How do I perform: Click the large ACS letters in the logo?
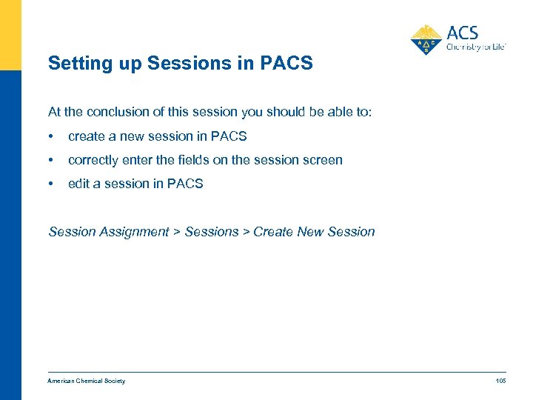click(x=463, y=33)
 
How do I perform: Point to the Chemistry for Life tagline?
click(x=475, y=47)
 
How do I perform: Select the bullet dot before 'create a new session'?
click(x=50, y=136)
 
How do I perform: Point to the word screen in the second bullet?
click(x=323, y=160)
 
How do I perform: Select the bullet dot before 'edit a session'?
click(x=50, y=184)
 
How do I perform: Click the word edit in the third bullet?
click(x=78, y=184)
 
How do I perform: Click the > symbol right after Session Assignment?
click(x=177, y=232)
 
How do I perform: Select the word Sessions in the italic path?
click(x=212, y=232)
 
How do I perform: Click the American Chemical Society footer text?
click(x=87, y=381)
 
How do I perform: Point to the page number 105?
click(x=500, y=381)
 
